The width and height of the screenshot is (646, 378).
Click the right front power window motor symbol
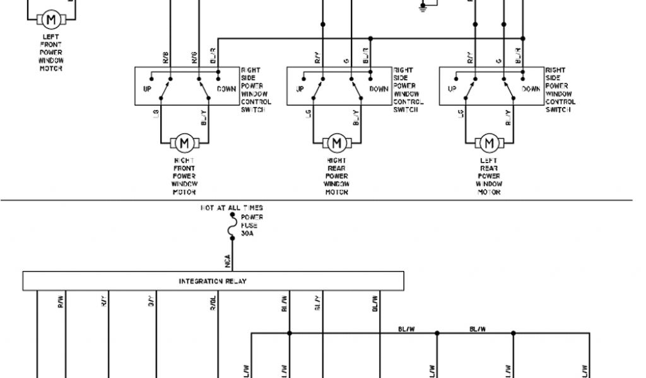tap(185, 144)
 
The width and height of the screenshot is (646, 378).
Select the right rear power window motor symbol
tap(337, 144)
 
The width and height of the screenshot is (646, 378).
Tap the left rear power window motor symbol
tap(488, 144)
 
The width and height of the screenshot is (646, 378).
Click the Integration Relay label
tap(213, 281)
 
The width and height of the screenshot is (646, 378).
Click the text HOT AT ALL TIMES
tap(232, 207)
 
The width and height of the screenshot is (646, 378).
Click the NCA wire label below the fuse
tap(227, 259)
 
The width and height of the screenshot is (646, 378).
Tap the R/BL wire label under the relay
tap(213, 304)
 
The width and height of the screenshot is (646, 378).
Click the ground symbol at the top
tap(423, 8)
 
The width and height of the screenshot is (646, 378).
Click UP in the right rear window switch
tap(300, 89)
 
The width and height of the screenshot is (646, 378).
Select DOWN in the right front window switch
tap(226, 89)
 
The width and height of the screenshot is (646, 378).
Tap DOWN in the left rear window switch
tap(531, 89)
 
